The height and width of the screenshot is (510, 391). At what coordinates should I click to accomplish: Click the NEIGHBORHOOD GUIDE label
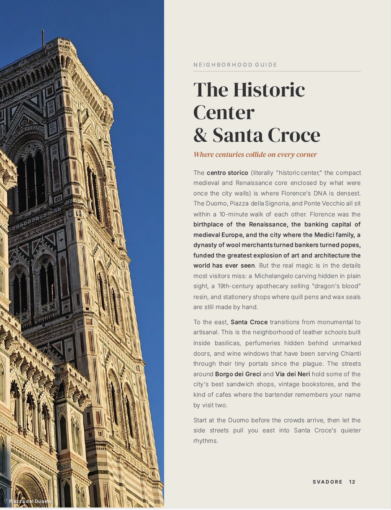(235, 65)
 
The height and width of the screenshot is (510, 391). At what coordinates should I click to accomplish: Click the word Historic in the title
(269, 90)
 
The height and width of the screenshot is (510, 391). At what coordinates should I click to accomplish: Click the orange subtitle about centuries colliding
(255, 154)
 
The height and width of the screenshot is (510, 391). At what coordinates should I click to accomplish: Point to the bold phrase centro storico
(227, 173)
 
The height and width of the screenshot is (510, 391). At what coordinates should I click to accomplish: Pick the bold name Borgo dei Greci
(238, 374)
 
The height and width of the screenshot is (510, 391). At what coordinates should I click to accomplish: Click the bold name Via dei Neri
(293, 374)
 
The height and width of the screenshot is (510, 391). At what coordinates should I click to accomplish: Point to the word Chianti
(350, 354)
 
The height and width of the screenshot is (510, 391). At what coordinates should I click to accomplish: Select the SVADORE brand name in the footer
(327, 482)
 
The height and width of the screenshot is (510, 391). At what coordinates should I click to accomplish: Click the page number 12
(352, 482)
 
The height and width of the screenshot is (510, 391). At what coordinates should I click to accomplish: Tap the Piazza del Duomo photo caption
(30, 501)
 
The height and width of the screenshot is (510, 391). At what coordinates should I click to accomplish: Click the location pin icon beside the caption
(5, 501)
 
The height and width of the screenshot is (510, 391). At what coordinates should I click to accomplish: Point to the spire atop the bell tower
(42, 37)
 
